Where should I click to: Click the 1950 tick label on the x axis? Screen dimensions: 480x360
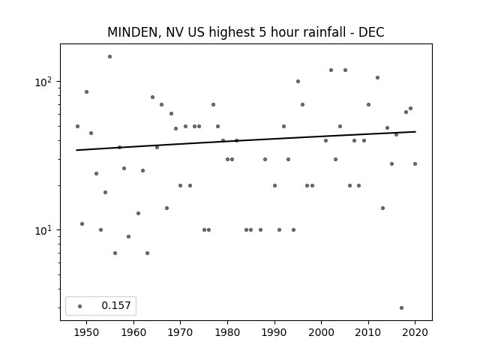coord(86,332)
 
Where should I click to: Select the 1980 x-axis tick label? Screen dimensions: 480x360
coord(227,332)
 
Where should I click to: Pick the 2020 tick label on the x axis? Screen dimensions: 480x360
coord(415,332)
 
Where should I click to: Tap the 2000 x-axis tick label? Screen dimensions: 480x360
coord(322,332)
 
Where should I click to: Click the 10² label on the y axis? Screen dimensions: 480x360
coord(45,82)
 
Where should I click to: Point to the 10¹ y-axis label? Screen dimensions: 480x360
coord(45,230)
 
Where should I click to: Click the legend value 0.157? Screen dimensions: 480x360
coord(116,305)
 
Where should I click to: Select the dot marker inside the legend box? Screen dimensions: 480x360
coord(80,306)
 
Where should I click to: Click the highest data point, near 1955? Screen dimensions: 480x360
coord(110,57)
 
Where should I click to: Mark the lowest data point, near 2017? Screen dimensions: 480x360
coord(402,308)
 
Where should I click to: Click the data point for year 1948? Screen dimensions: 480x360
coord(77,127)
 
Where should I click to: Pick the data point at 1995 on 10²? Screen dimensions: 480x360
coord(298,82)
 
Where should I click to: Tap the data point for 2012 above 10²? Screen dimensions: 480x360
coord(377,78)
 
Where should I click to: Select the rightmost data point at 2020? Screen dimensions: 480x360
coord(415,163)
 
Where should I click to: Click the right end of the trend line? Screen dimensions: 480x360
coord(415,132)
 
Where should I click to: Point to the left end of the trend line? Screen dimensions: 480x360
coord(76,150)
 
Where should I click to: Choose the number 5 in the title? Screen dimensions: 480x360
coord(262,32)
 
